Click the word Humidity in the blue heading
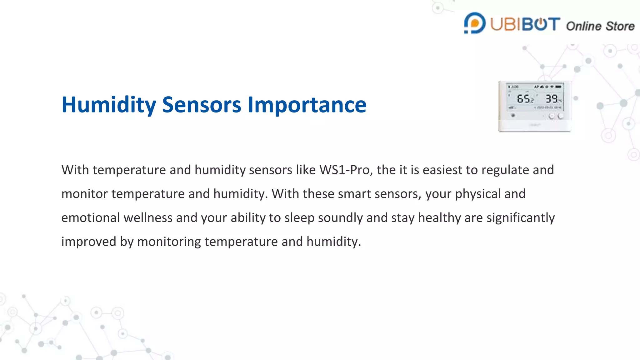(x=109, y=105)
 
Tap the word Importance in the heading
(x=307, y=105)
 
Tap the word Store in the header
(x=621, y=26)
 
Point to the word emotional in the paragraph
(x=90, y=218)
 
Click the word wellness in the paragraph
(x=148, y=218)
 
